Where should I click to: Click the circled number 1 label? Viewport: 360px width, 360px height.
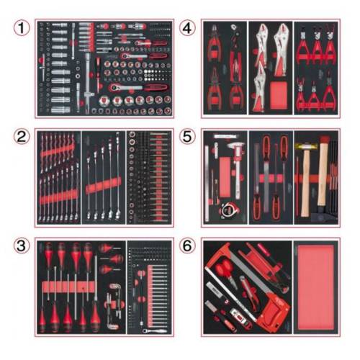[22, 28]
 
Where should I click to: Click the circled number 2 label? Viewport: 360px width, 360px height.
[22, 137]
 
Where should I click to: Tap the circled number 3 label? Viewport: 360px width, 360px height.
[22, 246]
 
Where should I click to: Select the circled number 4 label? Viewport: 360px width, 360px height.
[187, 28]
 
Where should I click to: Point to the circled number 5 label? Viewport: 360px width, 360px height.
[187, 137]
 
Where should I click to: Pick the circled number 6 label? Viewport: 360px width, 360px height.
[187, 246]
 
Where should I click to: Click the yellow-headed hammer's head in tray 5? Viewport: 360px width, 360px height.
[303, 146]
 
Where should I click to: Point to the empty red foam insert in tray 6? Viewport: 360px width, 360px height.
[315, 287]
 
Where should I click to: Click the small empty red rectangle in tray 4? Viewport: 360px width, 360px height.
[279, 94]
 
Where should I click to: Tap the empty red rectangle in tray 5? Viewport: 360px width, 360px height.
[225, 177]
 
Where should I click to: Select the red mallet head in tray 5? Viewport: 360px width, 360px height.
[324, 140]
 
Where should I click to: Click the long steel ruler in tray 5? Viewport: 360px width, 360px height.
[207, 184]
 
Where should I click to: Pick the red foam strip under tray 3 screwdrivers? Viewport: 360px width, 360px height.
[68, 287]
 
